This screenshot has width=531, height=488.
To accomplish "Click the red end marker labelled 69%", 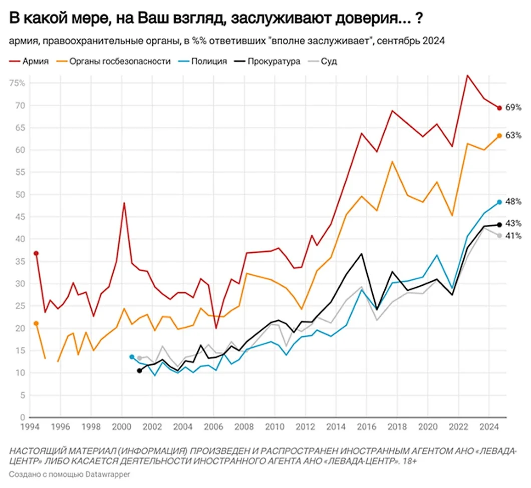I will pyautogui.click(x=499, y=108).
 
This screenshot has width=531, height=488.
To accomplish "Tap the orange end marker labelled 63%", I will pyautogui.click(x=499, y=135).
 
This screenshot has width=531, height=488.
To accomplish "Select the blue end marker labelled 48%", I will pyautogui.click(x=499, y=202).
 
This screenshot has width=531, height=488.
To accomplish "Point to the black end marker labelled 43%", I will pyautogui.click(x=499, y=225).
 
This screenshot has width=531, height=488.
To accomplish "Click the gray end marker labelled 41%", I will pyautogui.click(x=499, y=236).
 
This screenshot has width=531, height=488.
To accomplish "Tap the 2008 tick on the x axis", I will pyautogui.click(x=244, y=428).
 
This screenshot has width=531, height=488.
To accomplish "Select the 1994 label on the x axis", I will pyautogui.click(x=28, y=428).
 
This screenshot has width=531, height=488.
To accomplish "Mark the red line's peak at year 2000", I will pyautogui.click(x=124, y=203).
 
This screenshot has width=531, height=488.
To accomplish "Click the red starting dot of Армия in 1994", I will pyautogui.click(x=36, y=253).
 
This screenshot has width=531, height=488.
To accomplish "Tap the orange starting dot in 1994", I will pyautogui.click(x=36, y=323).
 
